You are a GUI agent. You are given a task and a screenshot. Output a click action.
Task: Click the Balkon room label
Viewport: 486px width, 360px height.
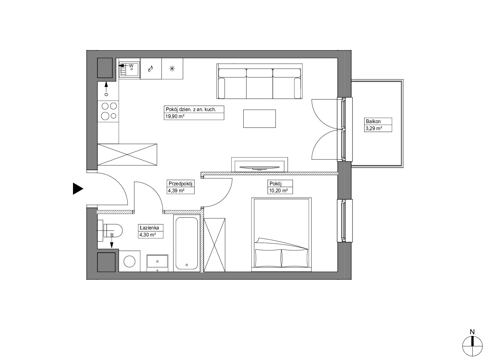pos(373,121)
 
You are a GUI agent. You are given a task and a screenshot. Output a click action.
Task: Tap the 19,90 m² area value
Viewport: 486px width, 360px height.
pos(174,116)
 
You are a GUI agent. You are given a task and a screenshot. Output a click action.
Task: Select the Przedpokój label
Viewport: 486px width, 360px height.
pos(180,183)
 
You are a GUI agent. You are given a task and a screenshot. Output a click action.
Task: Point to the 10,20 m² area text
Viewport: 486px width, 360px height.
pos(278,191)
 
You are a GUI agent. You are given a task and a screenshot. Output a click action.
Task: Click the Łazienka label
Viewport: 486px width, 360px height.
pos(149,228)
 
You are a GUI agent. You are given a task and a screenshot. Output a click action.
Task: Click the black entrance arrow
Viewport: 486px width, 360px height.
pos(78,189)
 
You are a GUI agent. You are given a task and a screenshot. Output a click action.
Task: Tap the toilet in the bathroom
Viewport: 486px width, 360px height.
pos(113,230)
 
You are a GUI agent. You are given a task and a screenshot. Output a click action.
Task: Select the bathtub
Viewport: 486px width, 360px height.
pos(187,243)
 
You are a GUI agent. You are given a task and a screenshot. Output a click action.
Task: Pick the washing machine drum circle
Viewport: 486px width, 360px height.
pos(129,261)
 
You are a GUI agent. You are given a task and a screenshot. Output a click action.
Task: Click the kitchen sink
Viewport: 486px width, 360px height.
pos(129,70)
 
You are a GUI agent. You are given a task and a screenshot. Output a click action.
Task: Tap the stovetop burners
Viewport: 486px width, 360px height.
pos(109,111)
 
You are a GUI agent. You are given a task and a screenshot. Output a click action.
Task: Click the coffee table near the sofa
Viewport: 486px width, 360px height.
pos(259,119)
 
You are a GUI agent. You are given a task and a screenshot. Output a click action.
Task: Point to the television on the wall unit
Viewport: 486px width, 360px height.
pos(259,168)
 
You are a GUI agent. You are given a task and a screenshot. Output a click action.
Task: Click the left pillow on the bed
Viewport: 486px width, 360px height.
pos(268,258)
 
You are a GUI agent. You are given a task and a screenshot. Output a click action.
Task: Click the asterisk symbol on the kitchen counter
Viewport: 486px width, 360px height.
pos(172,69)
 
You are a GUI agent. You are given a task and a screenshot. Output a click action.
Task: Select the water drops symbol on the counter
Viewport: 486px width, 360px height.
pos(150,69)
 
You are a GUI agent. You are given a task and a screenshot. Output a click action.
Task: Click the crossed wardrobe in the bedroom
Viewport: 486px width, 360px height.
pos(214,245)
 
